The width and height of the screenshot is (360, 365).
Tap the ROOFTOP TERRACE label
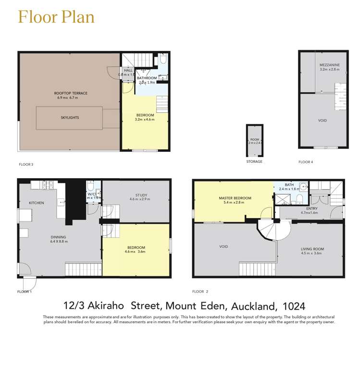click(x=71, y=93)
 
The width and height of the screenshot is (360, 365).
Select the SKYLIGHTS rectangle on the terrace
click(x=70, y=117)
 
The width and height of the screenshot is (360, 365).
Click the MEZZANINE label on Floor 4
click(x=329, y=64)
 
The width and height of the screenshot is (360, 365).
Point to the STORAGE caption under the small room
click(x=254, y=162)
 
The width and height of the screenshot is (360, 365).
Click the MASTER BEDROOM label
click(x=235, y=198)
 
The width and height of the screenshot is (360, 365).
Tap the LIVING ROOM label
click(x=312, y=249)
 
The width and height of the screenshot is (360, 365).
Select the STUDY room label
click(x=141, y=195)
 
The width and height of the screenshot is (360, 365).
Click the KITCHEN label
click(x=36, y=203)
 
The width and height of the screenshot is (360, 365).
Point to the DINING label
click(x=59, y=237)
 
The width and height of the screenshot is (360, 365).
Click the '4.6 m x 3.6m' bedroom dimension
click(x=135, y=251)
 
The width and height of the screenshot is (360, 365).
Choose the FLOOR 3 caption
click(x=25, y=164)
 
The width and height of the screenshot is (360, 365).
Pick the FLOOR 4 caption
click(x=306, y=162)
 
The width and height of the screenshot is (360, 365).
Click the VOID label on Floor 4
click(x=323, y=120)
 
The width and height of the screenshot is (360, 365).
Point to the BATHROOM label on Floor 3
click(x=147, y=78)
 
